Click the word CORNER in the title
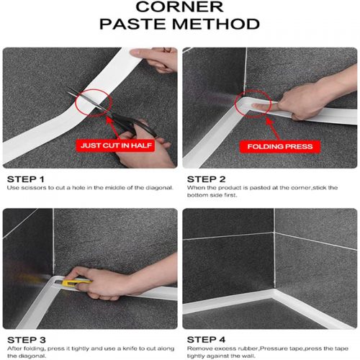coord(179,6)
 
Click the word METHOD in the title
coord(216,24)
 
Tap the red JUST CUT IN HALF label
coord(116,145)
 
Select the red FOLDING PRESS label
coord(280,146)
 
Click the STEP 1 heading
coord(26,179)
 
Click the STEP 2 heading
coord(206,179)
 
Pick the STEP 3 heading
coord(27,340)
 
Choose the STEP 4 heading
coord(206,340)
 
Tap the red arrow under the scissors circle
coord(113,127)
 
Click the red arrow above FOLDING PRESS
coord(272,128)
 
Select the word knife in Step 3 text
coord(130,348)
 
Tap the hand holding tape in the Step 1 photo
coord(154,60)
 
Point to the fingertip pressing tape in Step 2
coord(256,106)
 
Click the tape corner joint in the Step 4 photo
coord(273,293)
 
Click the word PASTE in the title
coord(133,24)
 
